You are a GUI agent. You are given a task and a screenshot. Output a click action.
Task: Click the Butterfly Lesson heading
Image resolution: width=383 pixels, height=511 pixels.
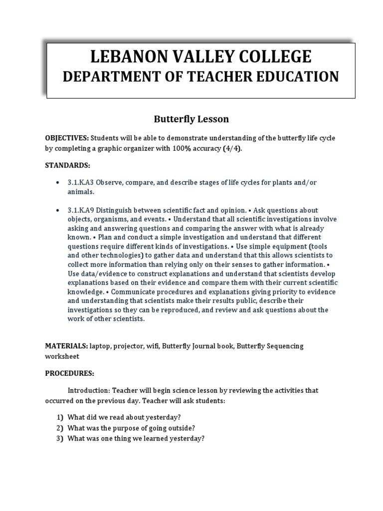(x=191, y=119)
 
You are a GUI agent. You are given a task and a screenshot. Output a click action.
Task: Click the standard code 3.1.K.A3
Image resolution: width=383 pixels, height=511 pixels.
(x=83, y=183)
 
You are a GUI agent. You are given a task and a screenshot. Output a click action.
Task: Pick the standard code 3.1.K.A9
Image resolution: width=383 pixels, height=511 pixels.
(x=83, y=210)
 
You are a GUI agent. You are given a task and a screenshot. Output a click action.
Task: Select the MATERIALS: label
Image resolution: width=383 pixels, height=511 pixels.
(x=66, y=346)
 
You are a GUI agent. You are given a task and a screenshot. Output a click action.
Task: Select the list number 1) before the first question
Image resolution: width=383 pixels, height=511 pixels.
(x=60, y=417)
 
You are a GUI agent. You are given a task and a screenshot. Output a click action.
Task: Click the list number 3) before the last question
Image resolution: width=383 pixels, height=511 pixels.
(x=60, y=439)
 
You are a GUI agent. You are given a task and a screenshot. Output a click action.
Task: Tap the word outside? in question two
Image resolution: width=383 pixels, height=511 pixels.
(x=180, y=428)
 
